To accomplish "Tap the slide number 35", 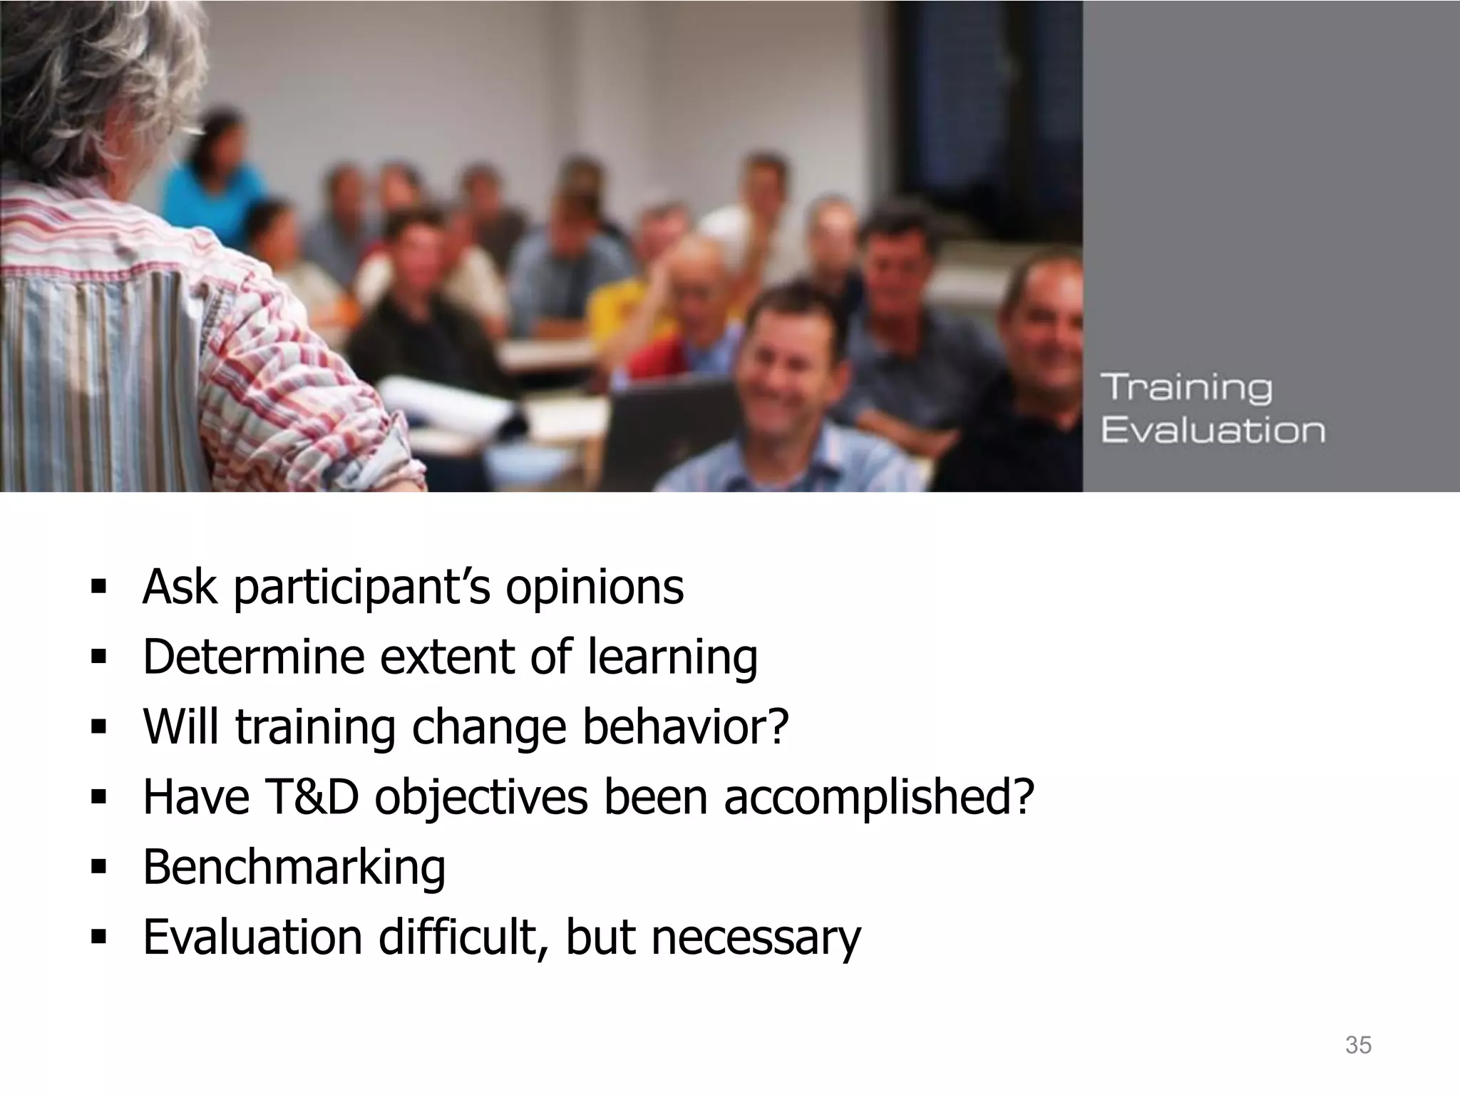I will pos(1358,1045).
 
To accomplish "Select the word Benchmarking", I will pos(294,867).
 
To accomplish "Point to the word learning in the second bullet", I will pos(672,657).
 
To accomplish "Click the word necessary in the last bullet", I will pos(756,937).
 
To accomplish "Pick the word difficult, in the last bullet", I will pos(464,937).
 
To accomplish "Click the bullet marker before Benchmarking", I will pos(98,868).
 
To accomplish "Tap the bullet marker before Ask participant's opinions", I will pos(98,588).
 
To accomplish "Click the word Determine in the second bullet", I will pos(253,657).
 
